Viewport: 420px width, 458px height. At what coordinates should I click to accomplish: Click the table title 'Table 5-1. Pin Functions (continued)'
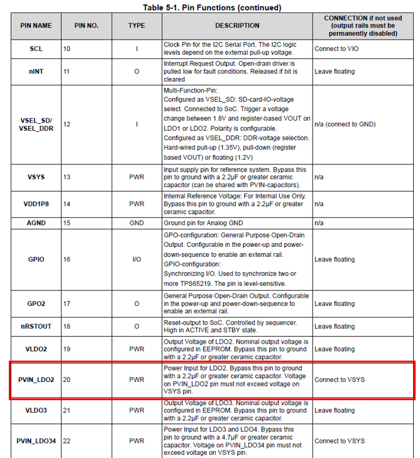(x=210, y=8)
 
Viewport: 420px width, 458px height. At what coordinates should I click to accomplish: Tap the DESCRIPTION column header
(x=237, y=26)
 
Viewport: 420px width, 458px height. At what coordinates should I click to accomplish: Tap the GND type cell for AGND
(x=136, y=223)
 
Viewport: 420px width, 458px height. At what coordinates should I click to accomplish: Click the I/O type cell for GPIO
(x=136, y=259)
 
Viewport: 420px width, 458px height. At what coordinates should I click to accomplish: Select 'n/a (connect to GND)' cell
(x=345, y=124)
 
